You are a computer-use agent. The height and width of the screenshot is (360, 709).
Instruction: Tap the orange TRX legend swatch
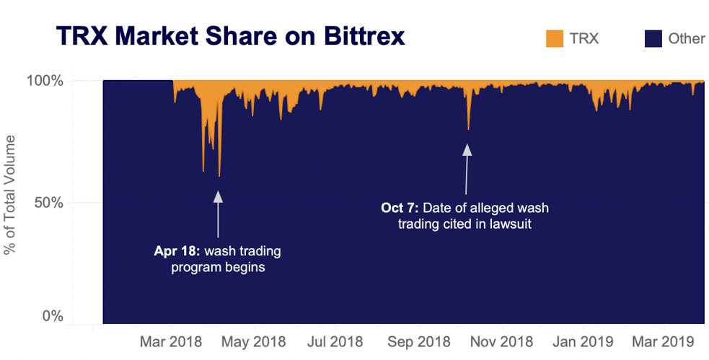click(x=554, y=38)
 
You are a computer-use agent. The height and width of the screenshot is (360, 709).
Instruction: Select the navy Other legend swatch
click(x=653, y=38)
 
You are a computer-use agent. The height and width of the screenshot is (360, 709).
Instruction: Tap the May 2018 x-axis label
click(x=253, y=340)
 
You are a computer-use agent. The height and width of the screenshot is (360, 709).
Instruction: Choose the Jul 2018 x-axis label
click(x=335, y=340)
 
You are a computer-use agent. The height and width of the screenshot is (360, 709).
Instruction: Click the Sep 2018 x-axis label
click(x=419, y=340)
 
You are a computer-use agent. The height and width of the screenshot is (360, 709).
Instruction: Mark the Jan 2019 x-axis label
click(x=584, y=340)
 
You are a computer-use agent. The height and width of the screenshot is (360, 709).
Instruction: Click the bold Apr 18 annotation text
click(x=177, y=252)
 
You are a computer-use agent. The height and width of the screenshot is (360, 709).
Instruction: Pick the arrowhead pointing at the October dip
click(x=467, y=149)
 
